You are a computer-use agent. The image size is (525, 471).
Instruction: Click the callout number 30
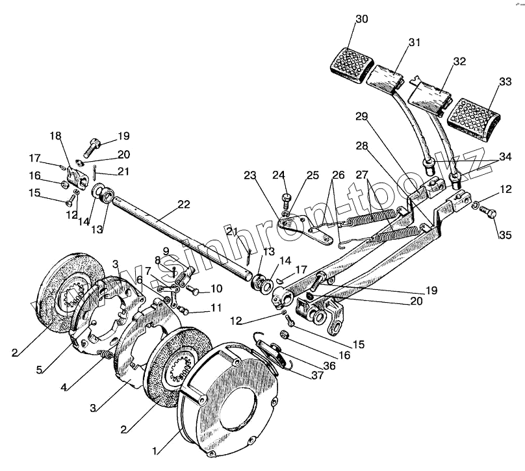click(361, 19)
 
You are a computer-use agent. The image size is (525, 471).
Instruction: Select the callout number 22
click(184, 205)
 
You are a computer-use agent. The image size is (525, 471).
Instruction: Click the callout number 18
click(56, 136)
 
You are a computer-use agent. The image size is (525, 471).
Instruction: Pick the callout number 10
click(214, 288)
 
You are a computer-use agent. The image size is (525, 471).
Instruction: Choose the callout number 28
click(361, 147)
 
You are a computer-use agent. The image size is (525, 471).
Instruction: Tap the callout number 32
click(459, 62)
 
